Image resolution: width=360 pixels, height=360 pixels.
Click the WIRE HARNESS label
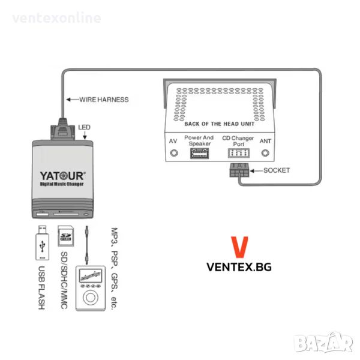coord(104,100)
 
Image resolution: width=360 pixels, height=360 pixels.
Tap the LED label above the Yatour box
coord(84,127)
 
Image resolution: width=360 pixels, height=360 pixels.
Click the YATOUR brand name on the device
coord(62,176)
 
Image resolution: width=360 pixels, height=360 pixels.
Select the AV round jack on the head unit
coord(174,153)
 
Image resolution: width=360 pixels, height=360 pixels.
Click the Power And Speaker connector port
coord(200,154)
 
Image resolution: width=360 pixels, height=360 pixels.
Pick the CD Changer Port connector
coord(239,153)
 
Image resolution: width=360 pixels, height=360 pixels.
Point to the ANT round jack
coord(265,153)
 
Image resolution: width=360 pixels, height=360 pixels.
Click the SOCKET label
coord(277,170)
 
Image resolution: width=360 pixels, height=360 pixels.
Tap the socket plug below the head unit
coord(239,170)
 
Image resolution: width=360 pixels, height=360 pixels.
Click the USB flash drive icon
coord(42,243)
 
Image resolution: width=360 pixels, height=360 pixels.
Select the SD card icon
coord(65,236)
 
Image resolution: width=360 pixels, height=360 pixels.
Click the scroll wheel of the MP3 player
coord(91,298)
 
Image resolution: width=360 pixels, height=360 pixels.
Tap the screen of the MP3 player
coord(91,275)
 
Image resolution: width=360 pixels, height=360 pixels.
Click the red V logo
coord(239,247)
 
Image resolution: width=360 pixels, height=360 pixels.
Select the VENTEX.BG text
coord(239,267)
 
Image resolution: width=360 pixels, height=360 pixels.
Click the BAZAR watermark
coord(324,342)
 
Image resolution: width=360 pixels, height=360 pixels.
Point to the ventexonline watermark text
coord(56,18)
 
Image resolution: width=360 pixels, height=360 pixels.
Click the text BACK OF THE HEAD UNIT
coord(219,124)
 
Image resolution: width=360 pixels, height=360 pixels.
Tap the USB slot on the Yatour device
coord(42,214)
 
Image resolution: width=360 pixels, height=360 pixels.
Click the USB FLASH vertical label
coord(41,287)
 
